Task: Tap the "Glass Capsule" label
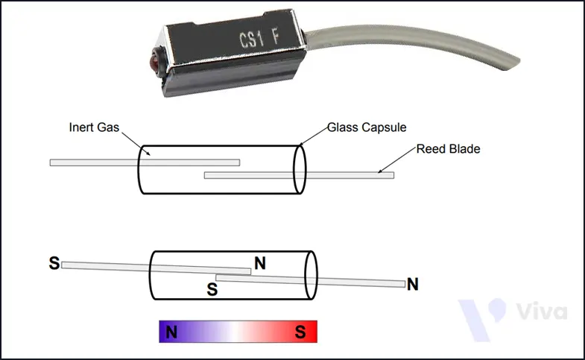coord(366,127)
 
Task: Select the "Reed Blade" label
coord(448,149)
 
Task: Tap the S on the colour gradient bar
coord(300,332)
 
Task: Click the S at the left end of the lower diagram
coord(54,262)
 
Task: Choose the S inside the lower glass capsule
coord(212,288)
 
